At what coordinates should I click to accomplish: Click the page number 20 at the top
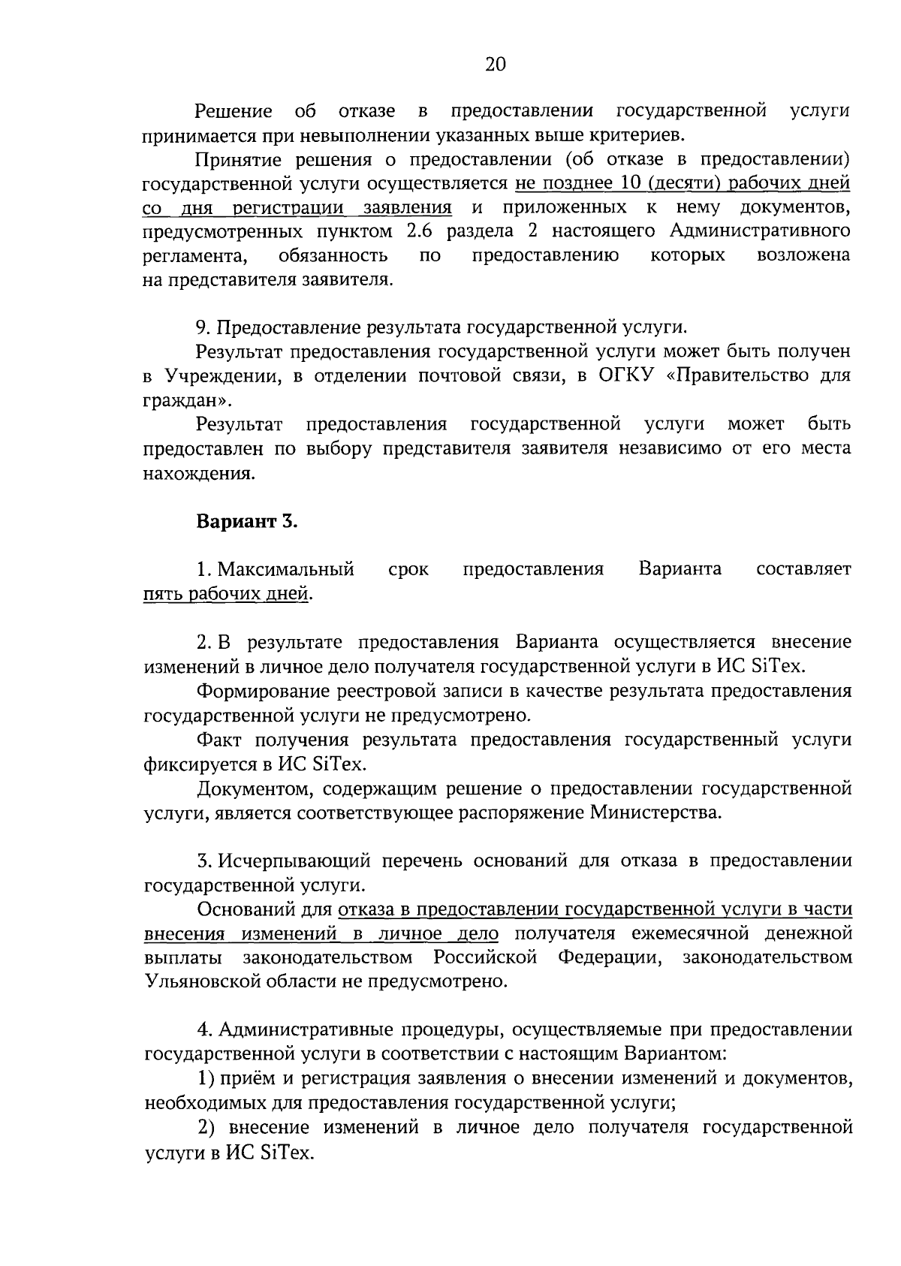[496, 65]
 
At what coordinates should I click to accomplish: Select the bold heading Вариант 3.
[247, 522]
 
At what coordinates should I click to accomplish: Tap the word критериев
[639, 135]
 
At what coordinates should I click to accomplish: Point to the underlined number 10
[629, 183]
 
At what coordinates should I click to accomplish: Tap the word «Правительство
[740, 375]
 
